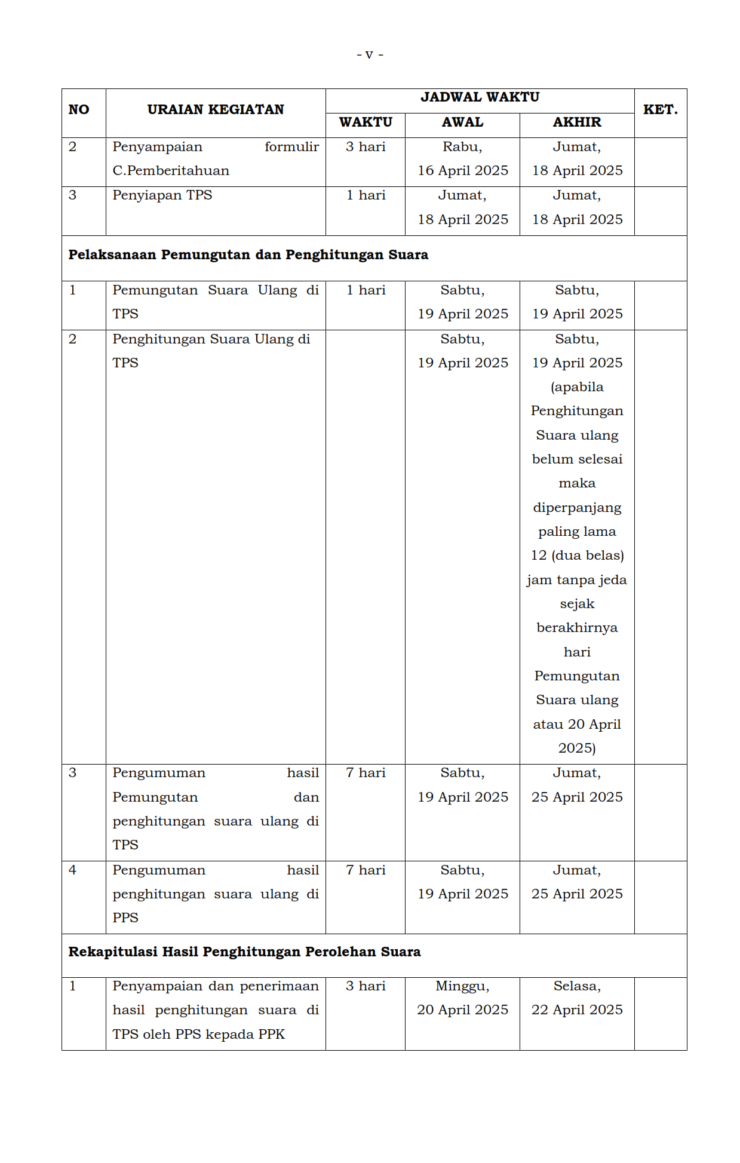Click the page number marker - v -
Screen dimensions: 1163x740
[x=370, y=55]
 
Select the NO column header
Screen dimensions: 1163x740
[x=79, y=110]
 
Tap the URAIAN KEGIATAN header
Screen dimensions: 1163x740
[x=216, y=110]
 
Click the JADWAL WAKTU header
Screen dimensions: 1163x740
[x=480, y=97]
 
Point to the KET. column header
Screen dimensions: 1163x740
[x=660, y=110]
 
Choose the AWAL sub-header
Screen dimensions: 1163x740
[x=462, y=122]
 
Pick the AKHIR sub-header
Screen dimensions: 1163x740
[x=577, y=122]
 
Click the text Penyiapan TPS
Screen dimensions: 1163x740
[x=162, y=195]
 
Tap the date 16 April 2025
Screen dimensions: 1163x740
[x=463, y=171]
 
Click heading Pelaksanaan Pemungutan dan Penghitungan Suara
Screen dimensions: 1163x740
[x=248, y=255]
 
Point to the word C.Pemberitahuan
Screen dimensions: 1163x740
[x=171, y=171]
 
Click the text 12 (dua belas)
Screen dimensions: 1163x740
[x=577, y=556]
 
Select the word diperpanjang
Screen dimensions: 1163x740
[x=577, y=508]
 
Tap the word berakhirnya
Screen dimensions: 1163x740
[x=577, y=628]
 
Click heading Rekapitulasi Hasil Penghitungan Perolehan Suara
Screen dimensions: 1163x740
[x=244, y=952]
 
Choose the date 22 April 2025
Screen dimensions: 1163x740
[x=577, y=1010]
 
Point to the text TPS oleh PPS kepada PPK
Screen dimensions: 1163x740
[x=198, y=1035]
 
